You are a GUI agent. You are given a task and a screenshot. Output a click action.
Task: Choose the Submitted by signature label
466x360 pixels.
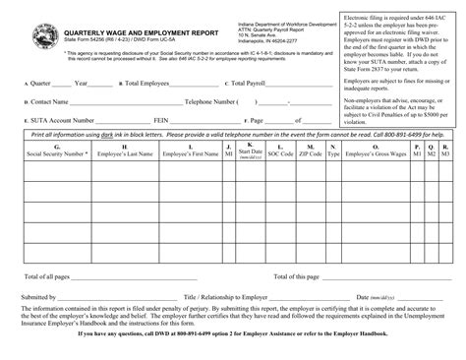coord(38,296)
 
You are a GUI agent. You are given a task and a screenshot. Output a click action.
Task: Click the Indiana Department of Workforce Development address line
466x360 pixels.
coord(286,21)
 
